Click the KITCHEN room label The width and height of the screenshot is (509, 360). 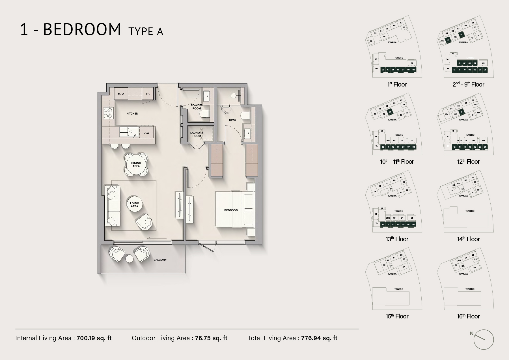(132, 113)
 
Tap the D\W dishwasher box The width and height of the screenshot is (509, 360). (146, 133)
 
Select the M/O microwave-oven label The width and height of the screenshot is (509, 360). (121, 94)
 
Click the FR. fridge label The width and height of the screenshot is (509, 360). (148, 94)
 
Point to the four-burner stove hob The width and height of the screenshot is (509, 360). (108, 113)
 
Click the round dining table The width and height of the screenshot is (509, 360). (136, 165)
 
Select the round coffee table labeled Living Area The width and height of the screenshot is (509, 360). (134, 205)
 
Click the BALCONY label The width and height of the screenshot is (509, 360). (160, 260)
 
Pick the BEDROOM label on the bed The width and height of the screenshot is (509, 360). (231, 210)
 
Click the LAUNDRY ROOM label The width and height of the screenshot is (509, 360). (197, 134)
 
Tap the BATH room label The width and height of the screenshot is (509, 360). (232, 120)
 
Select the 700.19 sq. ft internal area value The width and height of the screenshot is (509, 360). (94, 338)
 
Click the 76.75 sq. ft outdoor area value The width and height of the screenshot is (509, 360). (211, 338)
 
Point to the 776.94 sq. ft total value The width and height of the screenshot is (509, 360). (319, 338)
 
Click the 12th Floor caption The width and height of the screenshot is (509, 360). (468, 162)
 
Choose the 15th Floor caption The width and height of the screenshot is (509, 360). (397, 316)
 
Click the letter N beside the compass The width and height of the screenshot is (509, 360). (471, 333)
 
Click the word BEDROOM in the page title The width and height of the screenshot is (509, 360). (82, 29)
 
